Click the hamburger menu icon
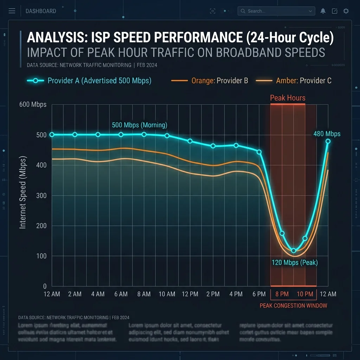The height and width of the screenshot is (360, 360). [12, 11]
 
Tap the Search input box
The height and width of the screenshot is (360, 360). [276, 11]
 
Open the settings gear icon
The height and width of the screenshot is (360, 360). [346, 11]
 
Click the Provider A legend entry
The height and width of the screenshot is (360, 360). [89, 81]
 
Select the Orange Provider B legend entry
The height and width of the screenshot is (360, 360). [210, 81]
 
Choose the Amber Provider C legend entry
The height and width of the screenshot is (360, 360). [294, 81]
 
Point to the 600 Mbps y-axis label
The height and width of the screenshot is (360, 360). [33, 104]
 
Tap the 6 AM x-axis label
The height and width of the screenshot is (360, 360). [121, 294]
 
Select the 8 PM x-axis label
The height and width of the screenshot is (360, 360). [282, 294]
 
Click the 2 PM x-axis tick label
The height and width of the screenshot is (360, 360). [213, 294]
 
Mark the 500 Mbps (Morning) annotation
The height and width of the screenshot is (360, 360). [140, 125]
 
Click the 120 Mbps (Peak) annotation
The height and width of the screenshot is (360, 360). [295, 263]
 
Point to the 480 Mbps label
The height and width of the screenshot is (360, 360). [327, 134]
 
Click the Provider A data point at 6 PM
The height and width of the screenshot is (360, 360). [259, 152]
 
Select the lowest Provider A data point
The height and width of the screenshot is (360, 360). [294, 251]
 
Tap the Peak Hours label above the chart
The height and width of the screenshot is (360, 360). [288, 98]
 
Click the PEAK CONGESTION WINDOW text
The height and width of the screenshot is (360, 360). [293, 306]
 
